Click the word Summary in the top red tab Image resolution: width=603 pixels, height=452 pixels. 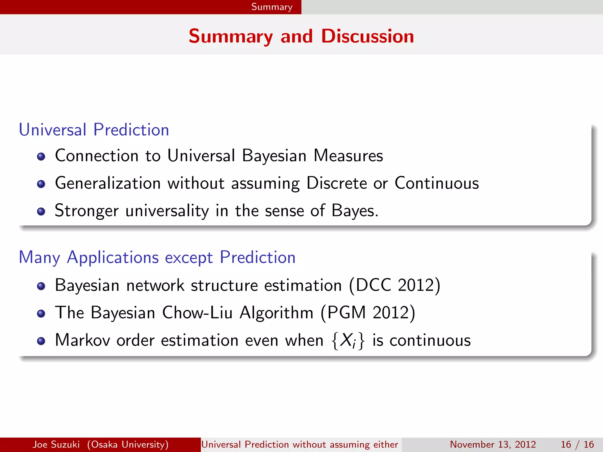[271, 7]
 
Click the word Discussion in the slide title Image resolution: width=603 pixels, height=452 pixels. [367, 36]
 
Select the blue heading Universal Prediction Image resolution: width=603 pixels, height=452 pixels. [94, 130]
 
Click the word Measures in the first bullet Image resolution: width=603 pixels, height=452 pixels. [348, 156]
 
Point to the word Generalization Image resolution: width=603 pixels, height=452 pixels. [108, 183]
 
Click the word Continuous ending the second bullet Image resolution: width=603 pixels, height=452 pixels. [436, 183]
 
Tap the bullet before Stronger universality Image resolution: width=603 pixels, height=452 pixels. [41, 211]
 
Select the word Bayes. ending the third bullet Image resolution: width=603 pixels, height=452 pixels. [355, 211]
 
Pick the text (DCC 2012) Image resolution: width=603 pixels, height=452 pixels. [395, 285]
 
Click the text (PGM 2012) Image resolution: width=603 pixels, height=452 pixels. [368, 313]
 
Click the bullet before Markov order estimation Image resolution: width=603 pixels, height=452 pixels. [41, 341]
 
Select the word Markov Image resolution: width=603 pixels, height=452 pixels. [82, 340]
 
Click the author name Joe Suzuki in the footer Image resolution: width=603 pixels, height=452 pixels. [56, 444]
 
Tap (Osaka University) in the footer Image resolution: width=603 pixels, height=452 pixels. [128, 444]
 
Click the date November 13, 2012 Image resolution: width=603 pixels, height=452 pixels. [493, 444]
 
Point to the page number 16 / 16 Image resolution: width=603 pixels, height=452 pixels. [577, 444]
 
